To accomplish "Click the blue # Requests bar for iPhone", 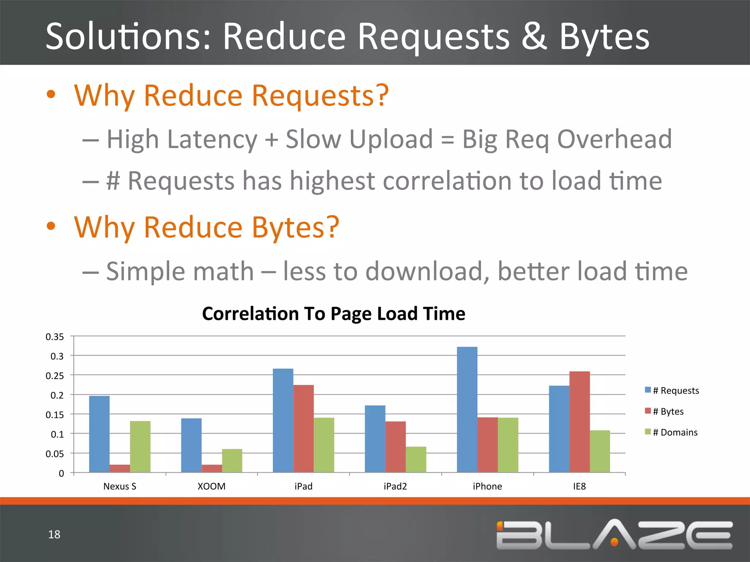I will tap(467, 410).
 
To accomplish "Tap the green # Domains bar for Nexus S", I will tap(140, 447).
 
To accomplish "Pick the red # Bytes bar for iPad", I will tap(303, 428).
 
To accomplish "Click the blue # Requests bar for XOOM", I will tap(191, 445).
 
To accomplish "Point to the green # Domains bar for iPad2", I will tap(416, 460).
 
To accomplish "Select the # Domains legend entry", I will tap(675, 432).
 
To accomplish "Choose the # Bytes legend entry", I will tap(668, 411).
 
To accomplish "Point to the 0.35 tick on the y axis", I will tap(55, 337).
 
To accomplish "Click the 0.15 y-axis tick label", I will tap(55, 415).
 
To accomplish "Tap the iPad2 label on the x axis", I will tap(395, 486).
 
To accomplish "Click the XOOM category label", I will tap(211, 486).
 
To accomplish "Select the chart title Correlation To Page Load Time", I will tap(333, 314).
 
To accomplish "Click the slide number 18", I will tap(54, 534).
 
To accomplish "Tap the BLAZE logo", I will tap(614, 535).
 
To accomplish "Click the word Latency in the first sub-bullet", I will tap(212, 140).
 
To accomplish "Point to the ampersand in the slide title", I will tap(534, 37).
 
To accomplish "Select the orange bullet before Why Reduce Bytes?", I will tap(51, 226).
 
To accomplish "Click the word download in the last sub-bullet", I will tap(427, 271).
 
